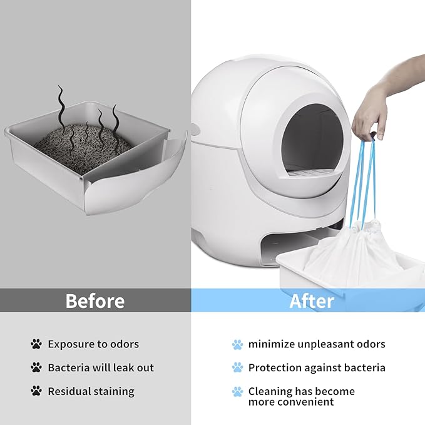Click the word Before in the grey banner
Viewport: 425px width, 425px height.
tap(95, 301)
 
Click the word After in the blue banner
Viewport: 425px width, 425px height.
tap(311, 301)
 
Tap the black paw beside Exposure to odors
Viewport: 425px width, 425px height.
tap(36, 344)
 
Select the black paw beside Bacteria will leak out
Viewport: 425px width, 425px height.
tap(36, 367)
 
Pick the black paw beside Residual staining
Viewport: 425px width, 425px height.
tap(36, 391)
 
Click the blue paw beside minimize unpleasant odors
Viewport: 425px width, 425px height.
tap(237, 344)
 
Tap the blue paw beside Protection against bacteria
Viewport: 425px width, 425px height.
tap(237, 367)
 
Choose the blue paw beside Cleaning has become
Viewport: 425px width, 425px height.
tap(237, 392)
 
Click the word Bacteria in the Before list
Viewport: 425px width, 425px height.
tap(69, 367)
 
